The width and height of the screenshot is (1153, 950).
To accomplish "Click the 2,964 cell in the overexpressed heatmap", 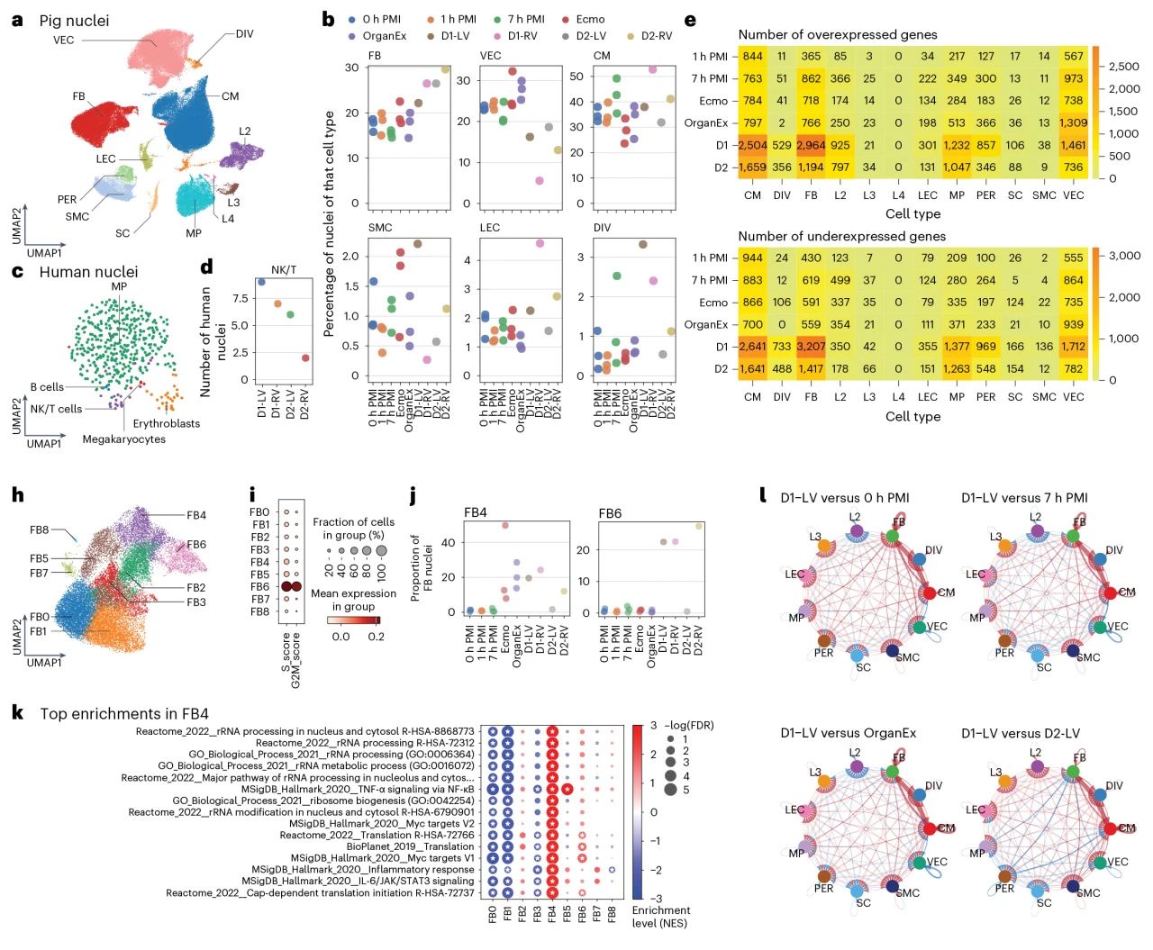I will [811, 145].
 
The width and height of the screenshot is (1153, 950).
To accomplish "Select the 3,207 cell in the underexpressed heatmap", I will [811, 347].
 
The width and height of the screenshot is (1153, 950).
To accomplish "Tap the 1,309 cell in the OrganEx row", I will [1074, 123].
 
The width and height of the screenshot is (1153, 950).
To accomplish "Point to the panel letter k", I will [17, 712].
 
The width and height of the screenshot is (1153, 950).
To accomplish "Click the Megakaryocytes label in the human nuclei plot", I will [123, 439].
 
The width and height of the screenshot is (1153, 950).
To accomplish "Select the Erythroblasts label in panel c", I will [167, 423].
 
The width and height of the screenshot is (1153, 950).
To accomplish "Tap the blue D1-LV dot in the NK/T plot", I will [261, 282].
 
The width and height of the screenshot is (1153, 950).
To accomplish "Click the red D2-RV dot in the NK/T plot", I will [305, 357].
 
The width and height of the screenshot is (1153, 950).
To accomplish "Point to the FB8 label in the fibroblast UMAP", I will [39, 530].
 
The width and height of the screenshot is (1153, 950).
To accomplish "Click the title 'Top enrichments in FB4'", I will [124, 714].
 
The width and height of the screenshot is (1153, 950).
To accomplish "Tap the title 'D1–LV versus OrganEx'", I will [848, 733].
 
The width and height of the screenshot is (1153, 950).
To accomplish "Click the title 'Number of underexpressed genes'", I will [841, 236].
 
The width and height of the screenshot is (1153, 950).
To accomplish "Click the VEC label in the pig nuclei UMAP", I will [63, 41].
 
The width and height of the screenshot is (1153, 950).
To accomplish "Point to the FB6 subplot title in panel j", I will [610, 513].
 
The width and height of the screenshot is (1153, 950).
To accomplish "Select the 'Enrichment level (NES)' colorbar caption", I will [661, 917].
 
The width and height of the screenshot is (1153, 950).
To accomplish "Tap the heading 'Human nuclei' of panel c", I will [88, 272].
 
